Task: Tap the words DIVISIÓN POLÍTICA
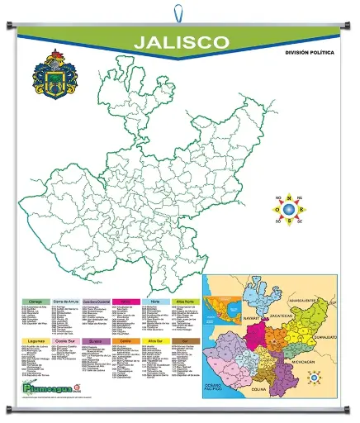coord(309,53)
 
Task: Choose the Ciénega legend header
coord(35,302)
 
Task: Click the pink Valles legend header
coord(126,302)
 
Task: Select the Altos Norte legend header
coord(187,302)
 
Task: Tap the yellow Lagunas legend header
coord(35,340)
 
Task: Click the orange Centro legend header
coord(126,340)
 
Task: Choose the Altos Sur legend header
coord(156,340)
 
